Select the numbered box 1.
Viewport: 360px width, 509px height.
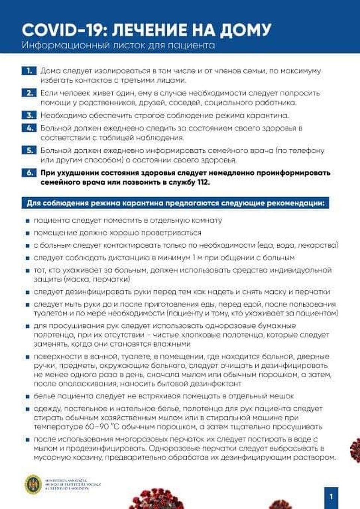coord(29,71)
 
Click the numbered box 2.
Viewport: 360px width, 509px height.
coord(29,93)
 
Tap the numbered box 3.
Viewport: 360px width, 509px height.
coord(29,116)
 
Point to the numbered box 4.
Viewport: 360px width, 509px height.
coord(29,128)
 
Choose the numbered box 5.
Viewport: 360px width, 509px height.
coord(29,150)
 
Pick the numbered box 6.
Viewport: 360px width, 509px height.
coord(29,173)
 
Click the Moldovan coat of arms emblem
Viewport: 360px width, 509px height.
coord(33,484)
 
